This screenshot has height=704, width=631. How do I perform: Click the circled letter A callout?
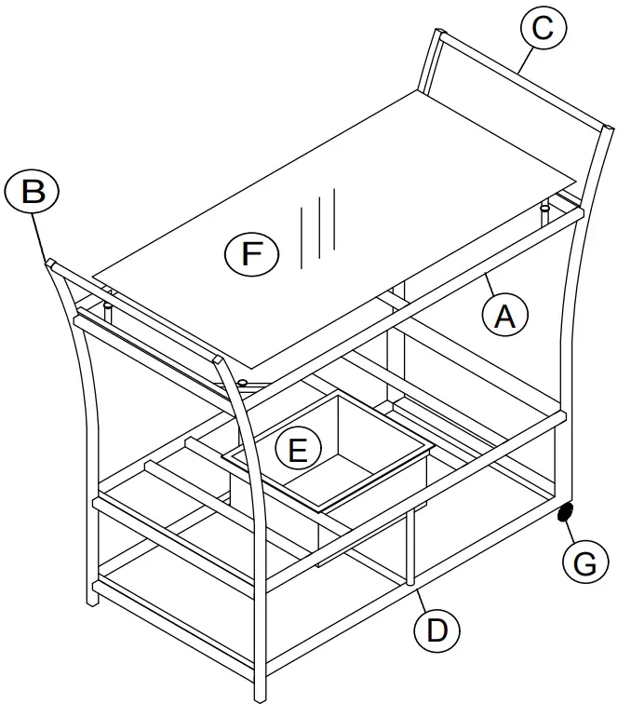pos(504,315)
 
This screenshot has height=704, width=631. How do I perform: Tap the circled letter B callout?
pos(33,191)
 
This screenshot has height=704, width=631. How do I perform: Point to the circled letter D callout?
pos(436,630)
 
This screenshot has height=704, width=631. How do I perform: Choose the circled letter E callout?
pos(299,449)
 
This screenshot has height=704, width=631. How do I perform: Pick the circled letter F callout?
pos(251,253)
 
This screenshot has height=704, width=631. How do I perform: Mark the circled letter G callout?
pos(585,561)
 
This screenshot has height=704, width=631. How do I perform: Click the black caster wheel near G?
pos(565,512)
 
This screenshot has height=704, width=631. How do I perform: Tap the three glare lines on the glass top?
pos(317,228)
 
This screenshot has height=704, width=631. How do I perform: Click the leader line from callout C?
pos(526,61)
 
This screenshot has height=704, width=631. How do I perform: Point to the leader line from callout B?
pos(38,237)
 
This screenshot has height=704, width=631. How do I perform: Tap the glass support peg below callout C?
pos(544,214)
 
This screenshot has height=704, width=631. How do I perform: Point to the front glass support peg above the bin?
pos(243,383)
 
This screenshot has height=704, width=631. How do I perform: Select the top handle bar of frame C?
pos(523,80)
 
